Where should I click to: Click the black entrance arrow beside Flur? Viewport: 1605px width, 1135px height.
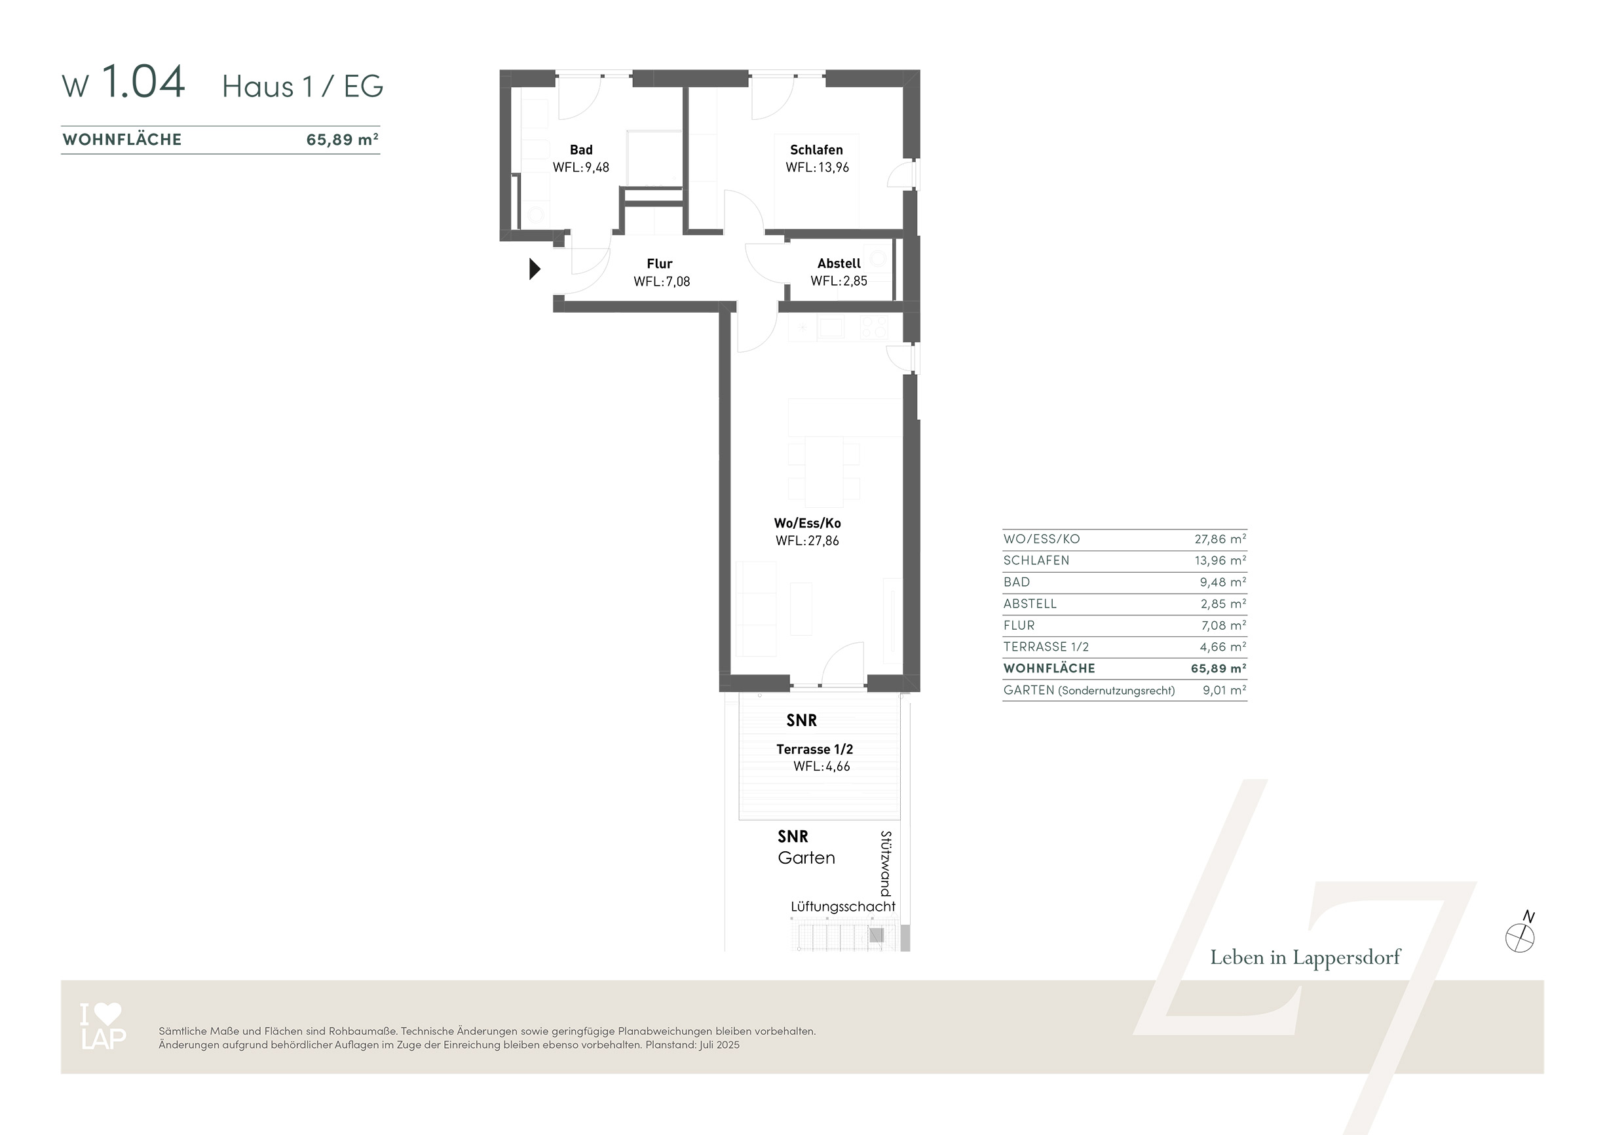click(535, 269)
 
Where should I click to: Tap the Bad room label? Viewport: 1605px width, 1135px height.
click(581, 149)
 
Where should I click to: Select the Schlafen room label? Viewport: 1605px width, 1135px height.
click(816, 149)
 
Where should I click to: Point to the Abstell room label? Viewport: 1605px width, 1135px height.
click(839, 263)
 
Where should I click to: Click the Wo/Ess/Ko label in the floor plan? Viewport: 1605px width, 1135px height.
click(807, 523)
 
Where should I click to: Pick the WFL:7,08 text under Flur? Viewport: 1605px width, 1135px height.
click(661, 282)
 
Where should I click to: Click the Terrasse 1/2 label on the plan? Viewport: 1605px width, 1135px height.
click(814, 749)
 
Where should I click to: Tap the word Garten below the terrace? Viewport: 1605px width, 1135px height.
click(806, 858)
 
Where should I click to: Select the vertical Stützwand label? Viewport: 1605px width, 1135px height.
click(886, 864)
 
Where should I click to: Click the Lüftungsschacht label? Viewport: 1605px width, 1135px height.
click(842, 906)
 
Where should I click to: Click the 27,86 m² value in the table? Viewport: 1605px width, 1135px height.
click(1220, 539)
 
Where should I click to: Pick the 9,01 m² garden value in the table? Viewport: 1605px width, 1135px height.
click(1224, 690)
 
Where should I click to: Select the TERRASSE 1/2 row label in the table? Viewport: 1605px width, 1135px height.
click(1046, 647)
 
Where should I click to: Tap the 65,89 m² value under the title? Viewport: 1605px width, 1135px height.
click(343, 139)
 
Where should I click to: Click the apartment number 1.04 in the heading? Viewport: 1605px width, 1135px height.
click(143, 81)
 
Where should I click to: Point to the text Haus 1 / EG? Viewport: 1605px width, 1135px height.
click(303, 87)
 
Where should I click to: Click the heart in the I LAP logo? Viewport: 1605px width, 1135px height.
click(108, 1013)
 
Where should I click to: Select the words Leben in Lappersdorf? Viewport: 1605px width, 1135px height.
click(1305, 957)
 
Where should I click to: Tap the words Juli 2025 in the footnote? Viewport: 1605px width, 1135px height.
click(719, 1045)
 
